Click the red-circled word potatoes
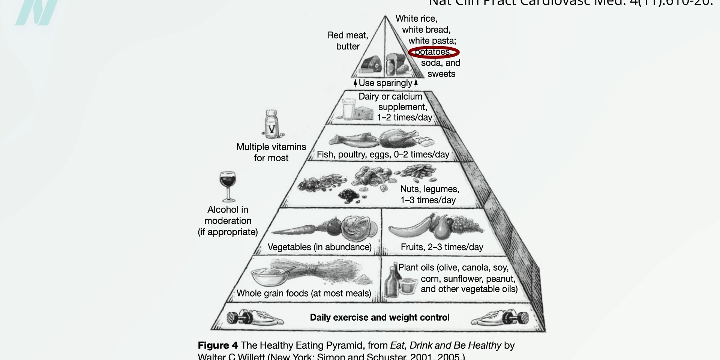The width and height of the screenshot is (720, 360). point(433,52)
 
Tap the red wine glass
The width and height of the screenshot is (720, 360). point(228,185)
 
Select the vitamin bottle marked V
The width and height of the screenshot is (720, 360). point(271,124)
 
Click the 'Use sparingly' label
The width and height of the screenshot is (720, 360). point(385,83)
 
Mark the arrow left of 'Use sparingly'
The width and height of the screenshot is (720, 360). point(355,83)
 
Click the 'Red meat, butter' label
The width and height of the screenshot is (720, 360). point(348,41)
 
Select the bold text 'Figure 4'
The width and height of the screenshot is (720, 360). point(217,345)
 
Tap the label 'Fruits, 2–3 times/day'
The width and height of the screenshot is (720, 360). point(442,247)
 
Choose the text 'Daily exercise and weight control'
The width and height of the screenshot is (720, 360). point(379,318)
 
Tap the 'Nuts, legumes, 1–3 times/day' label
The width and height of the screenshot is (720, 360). point(429,195)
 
